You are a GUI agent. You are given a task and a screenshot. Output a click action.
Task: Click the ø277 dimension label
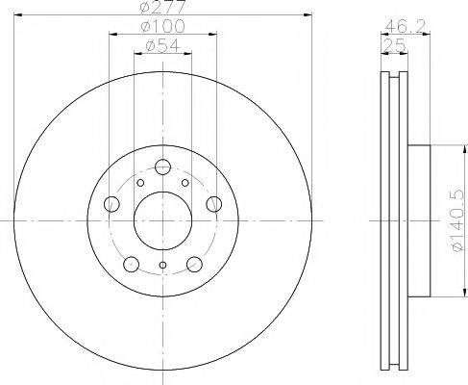point(162,10)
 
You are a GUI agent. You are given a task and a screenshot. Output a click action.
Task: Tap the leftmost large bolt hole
point(111,203)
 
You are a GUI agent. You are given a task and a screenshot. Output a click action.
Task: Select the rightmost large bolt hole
point(213,203)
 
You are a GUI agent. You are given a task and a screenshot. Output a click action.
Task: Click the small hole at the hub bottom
point(162,266)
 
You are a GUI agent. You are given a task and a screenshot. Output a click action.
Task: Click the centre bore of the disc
point(162,219)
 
